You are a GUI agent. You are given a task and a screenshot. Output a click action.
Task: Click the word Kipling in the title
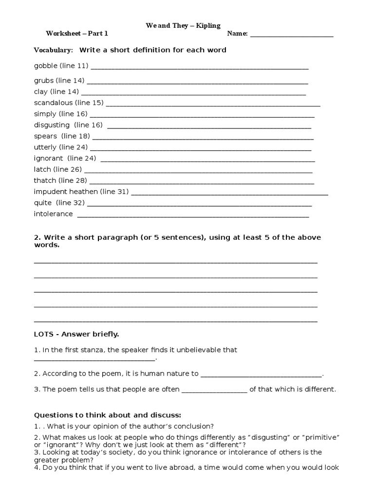pos(208,25)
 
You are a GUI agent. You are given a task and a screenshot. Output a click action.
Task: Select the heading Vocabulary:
pos(53,50)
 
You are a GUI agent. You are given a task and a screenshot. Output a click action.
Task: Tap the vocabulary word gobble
pos(46,66)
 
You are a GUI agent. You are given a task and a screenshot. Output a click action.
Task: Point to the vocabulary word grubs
pos(44,80)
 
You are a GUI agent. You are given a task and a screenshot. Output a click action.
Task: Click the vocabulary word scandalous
pos(54,103)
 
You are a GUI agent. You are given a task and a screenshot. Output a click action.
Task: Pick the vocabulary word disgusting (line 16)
pos(52,125)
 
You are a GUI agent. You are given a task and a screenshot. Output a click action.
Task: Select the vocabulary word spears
pos(45,136)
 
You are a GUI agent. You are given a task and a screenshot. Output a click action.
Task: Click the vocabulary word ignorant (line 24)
pos(48,159)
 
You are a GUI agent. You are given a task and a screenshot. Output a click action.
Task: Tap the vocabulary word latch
pos(42,169)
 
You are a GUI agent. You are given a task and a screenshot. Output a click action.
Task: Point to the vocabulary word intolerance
pos(53,214)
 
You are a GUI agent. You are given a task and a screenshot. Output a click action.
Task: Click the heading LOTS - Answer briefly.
pos(76,335)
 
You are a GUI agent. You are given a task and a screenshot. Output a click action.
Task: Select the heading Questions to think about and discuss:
pos(107,415)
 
